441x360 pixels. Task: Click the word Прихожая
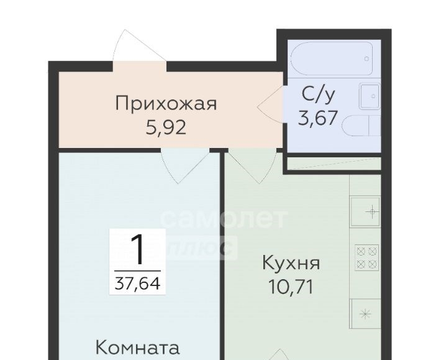166,103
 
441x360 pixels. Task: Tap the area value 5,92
166,128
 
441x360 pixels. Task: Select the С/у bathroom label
319,95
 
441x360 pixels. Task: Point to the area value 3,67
317,118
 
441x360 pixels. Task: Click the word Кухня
291,263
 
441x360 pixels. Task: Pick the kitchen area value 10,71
291,287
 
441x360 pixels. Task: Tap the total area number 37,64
137,283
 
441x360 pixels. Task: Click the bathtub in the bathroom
332,58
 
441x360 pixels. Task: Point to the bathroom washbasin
370,96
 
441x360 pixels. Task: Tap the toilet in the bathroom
361,126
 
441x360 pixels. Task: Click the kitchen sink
365,211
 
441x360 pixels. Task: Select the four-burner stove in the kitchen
366,257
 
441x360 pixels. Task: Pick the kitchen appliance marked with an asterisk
365,313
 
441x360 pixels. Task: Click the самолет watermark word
224,218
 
